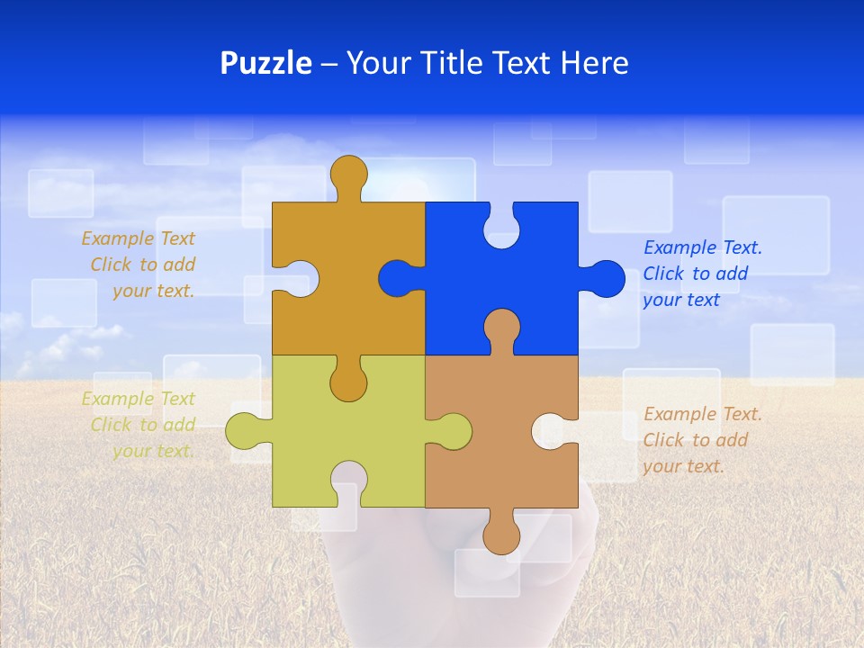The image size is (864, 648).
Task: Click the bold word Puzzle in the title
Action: (265, 63)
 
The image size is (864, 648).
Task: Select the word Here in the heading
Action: (594, 63)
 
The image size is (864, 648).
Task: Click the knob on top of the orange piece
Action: (348, 174)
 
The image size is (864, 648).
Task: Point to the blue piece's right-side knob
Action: (605, 278)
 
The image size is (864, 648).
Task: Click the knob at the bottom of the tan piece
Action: (501, 535)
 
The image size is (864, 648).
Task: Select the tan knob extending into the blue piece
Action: (501, 328)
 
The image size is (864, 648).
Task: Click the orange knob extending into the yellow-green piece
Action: (348, 382)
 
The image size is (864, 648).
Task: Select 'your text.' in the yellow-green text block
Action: (153, 451)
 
